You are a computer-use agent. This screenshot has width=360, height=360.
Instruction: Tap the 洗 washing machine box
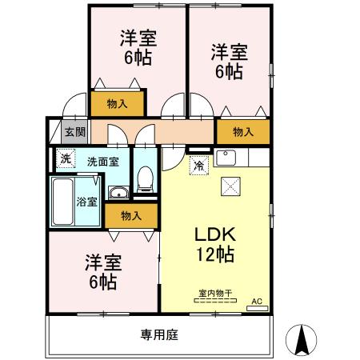66,158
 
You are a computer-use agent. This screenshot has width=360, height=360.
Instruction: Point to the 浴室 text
86,201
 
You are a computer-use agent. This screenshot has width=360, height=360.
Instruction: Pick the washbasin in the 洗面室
117,191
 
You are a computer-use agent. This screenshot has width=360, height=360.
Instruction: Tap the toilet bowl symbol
145,180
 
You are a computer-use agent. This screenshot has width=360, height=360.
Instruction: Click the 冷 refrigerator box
198,166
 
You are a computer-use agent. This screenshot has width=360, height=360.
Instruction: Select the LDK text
214,236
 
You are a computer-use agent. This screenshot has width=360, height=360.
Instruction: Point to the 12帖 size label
214,257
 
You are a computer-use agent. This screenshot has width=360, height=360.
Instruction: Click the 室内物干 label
214,294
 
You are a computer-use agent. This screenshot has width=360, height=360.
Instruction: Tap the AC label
257,302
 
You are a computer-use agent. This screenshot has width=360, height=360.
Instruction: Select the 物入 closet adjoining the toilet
132,215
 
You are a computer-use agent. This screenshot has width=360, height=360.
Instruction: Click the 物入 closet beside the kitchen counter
243,132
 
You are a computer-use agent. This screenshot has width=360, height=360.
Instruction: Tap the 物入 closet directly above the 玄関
116,103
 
